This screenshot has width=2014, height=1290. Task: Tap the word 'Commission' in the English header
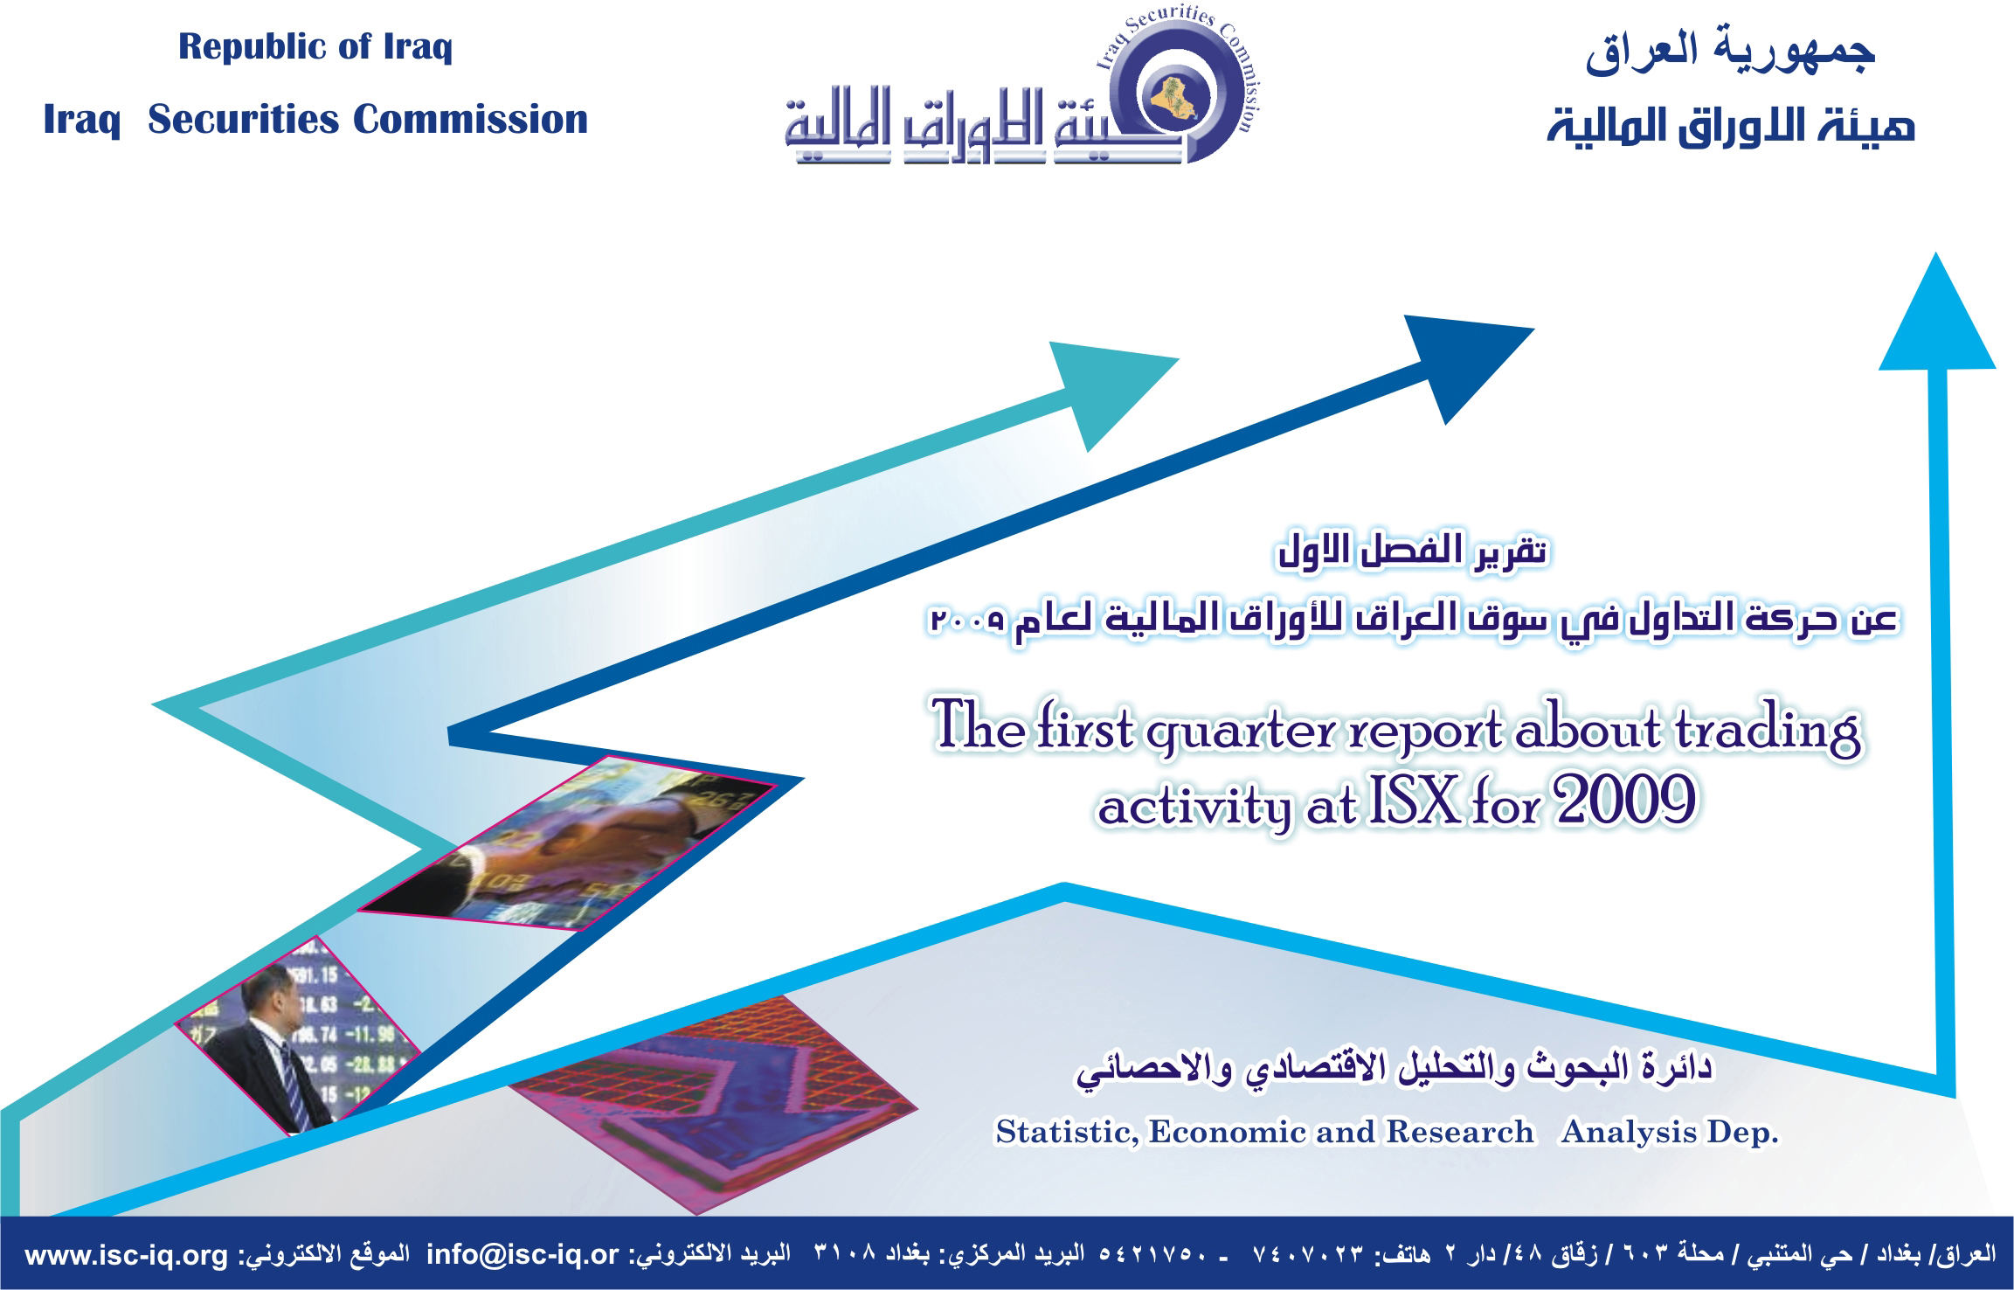pos(470,120)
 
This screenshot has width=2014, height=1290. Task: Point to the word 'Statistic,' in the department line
pos(1067,1133)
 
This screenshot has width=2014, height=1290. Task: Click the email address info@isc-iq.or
pos(523,1256)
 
